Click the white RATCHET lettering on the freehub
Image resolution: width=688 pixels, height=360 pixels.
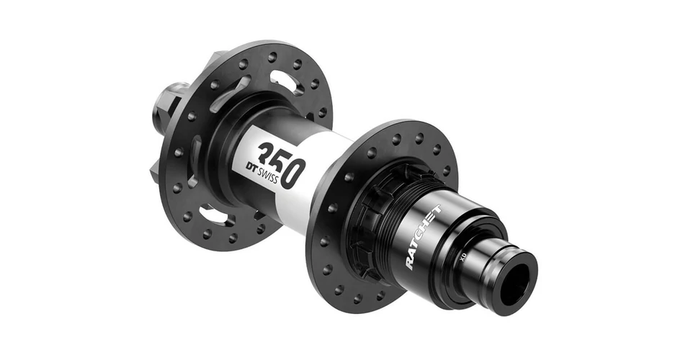point(424,237)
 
